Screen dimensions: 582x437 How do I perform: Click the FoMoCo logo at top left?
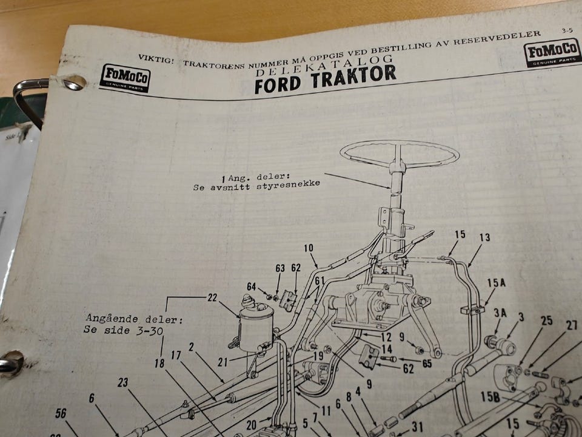125,78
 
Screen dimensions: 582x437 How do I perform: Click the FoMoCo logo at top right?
552,52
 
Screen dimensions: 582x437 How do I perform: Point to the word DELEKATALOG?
324,66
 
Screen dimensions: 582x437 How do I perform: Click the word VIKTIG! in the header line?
156,59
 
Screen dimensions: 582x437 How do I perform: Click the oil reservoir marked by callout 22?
256,324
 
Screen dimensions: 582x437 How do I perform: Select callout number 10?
309,248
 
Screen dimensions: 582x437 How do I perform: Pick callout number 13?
484,237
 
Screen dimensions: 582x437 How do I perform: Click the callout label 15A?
497,283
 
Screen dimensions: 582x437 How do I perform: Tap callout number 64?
251,286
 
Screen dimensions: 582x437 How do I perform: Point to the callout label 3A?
500,313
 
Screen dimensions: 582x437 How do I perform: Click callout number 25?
547,320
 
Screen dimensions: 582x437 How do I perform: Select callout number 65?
427,363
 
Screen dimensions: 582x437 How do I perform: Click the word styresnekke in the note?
288,185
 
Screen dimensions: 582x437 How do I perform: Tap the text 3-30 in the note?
150,331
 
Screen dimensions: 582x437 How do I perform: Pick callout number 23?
123,382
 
